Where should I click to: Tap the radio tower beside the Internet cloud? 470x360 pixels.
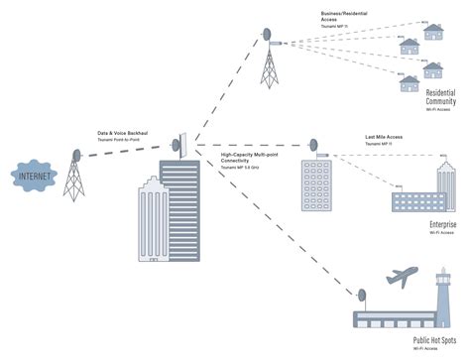click(x=74, y=179)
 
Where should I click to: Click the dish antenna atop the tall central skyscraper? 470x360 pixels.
click(x=180, y=142)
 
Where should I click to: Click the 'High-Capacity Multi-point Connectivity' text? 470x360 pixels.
click(x=251, y=158)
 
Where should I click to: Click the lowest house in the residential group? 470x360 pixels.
click(x=410, y=83)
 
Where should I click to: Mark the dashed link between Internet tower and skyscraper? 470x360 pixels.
click(x=124, y=151)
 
